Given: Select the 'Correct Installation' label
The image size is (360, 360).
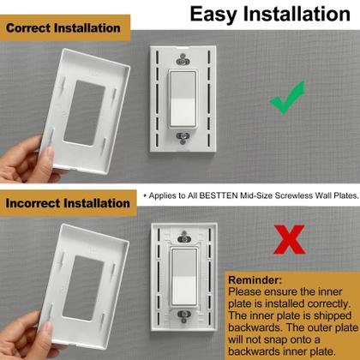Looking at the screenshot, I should pos(63,28).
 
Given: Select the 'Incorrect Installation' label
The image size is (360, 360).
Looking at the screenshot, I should pos(69,204).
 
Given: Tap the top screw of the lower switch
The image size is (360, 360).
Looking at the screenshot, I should pos(181,237).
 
